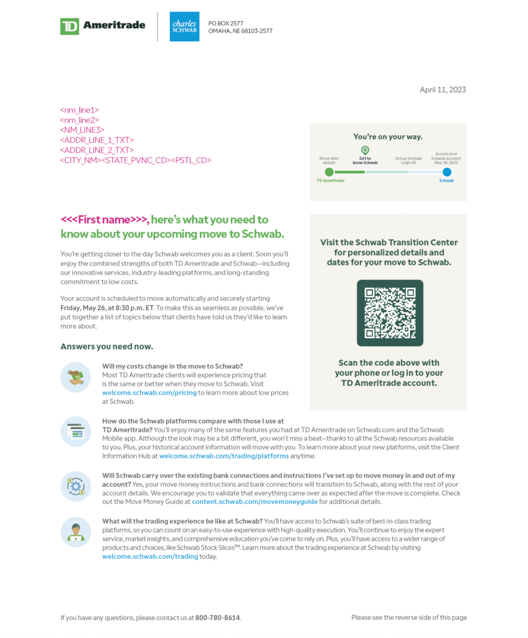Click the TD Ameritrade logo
click(x=103, y=26)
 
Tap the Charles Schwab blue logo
click(x=184, y=26)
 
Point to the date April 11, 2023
click(x=443, y=90)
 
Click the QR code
click(x=390, y=313)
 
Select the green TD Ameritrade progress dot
click(x=329, y=172)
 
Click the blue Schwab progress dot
click(x=446, y=172)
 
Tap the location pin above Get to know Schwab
click(x=365, y=150)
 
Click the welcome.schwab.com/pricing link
click(x=149, y=393)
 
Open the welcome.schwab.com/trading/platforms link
click(x=224, y=456)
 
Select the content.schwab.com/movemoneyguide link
click(x=255, y=502)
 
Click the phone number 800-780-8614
click(x=217, y=617)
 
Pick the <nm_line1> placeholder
click(x=80, y=110)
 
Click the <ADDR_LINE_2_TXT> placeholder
click(x=97, y=150)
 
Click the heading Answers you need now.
click(x=106, y=346)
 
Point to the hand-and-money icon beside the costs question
click(x=76, y=377)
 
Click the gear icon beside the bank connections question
click(x=76, y=487)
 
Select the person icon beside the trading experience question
click(x=76, y=531)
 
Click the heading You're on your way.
click(x=387, y=136)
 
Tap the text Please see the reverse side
click(x=408, y=617)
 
